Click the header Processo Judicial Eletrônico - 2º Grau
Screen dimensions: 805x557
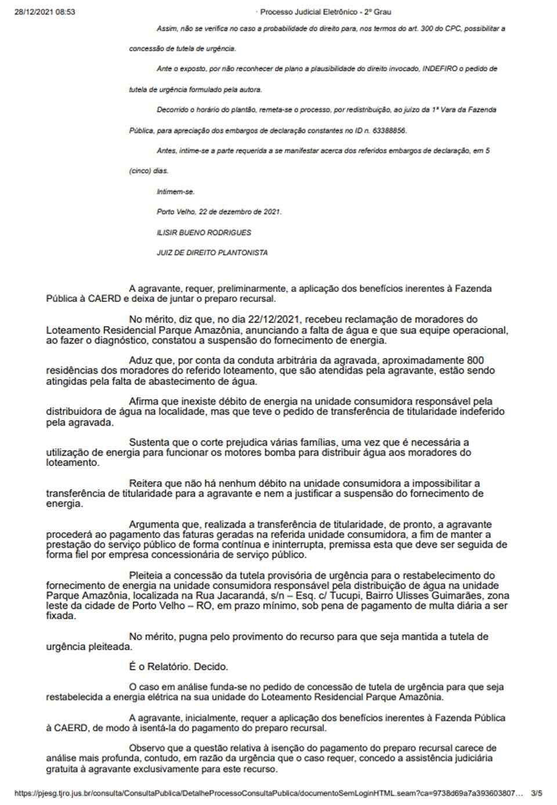tap(325, 12)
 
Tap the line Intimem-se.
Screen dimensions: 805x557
tap(176, 192)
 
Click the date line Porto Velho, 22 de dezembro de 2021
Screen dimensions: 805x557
tap(219, 212)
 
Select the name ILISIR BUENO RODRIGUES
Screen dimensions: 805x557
tap(204, 232)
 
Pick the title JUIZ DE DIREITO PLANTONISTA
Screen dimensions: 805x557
tap(212, 252)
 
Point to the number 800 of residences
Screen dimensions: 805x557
tap(475, 360)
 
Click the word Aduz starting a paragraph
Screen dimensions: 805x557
tap(140, 360)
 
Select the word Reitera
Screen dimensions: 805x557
tap(144, 483)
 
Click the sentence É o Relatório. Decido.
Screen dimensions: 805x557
tap(179, 667)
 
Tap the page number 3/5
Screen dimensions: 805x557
tap(536, 793)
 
